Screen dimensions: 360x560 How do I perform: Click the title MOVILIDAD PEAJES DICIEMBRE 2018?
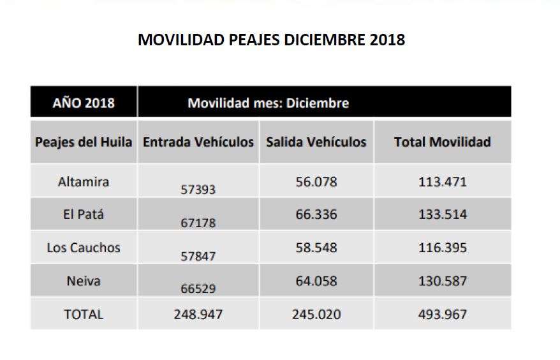click(271, 40)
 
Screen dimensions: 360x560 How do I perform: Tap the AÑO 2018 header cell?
click(84, 103)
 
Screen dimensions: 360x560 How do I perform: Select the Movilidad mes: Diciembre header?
click(268, 103)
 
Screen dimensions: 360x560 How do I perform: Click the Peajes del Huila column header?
click(84, 142)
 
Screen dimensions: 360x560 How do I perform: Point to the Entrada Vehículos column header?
click(198, 142)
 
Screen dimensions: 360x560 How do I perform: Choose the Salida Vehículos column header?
click(316, 142)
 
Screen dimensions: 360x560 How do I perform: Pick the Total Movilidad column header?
click(442, 142)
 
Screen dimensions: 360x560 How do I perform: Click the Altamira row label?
click(84, 181)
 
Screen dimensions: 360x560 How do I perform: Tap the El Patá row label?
click(84, 214)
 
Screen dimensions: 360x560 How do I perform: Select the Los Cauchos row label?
click(84, 248)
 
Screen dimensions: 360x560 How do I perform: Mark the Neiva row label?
click(84, 281)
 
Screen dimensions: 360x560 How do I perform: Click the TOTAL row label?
click(84, 314)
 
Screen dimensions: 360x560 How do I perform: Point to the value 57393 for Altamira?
click(198, 190)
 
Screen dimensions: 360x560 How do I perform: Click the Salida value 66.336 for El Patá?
click(316, 214)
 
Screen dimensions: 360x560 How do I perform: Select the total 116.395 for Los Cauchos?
click(443, 248)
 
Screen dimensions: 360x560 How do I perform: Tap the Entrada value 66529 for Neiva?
click(198, 289)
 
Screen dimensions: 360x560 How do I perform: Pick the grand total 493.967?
click(443, 314)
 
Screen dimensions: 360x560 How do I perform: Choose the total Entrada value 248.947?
click(198, 314)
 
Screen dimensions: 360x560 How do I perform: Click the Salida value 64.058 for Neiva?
click(316, 281)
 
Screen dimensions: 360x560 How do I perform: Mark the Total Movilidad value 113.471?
click(443, 181)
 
